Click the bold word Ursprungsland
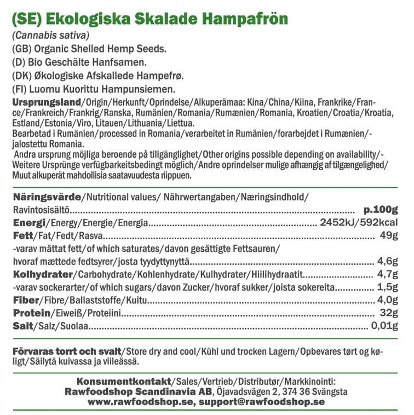[45, 103]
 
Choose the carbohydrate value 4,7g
[387, 274]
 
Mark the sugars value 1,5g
[387, 287]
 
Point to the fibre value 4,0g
[387, 300]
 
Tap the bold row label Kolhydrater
[42, 274]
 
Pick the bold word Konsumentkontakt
[124, 381]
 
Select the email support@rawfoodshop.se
[262, 402]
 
